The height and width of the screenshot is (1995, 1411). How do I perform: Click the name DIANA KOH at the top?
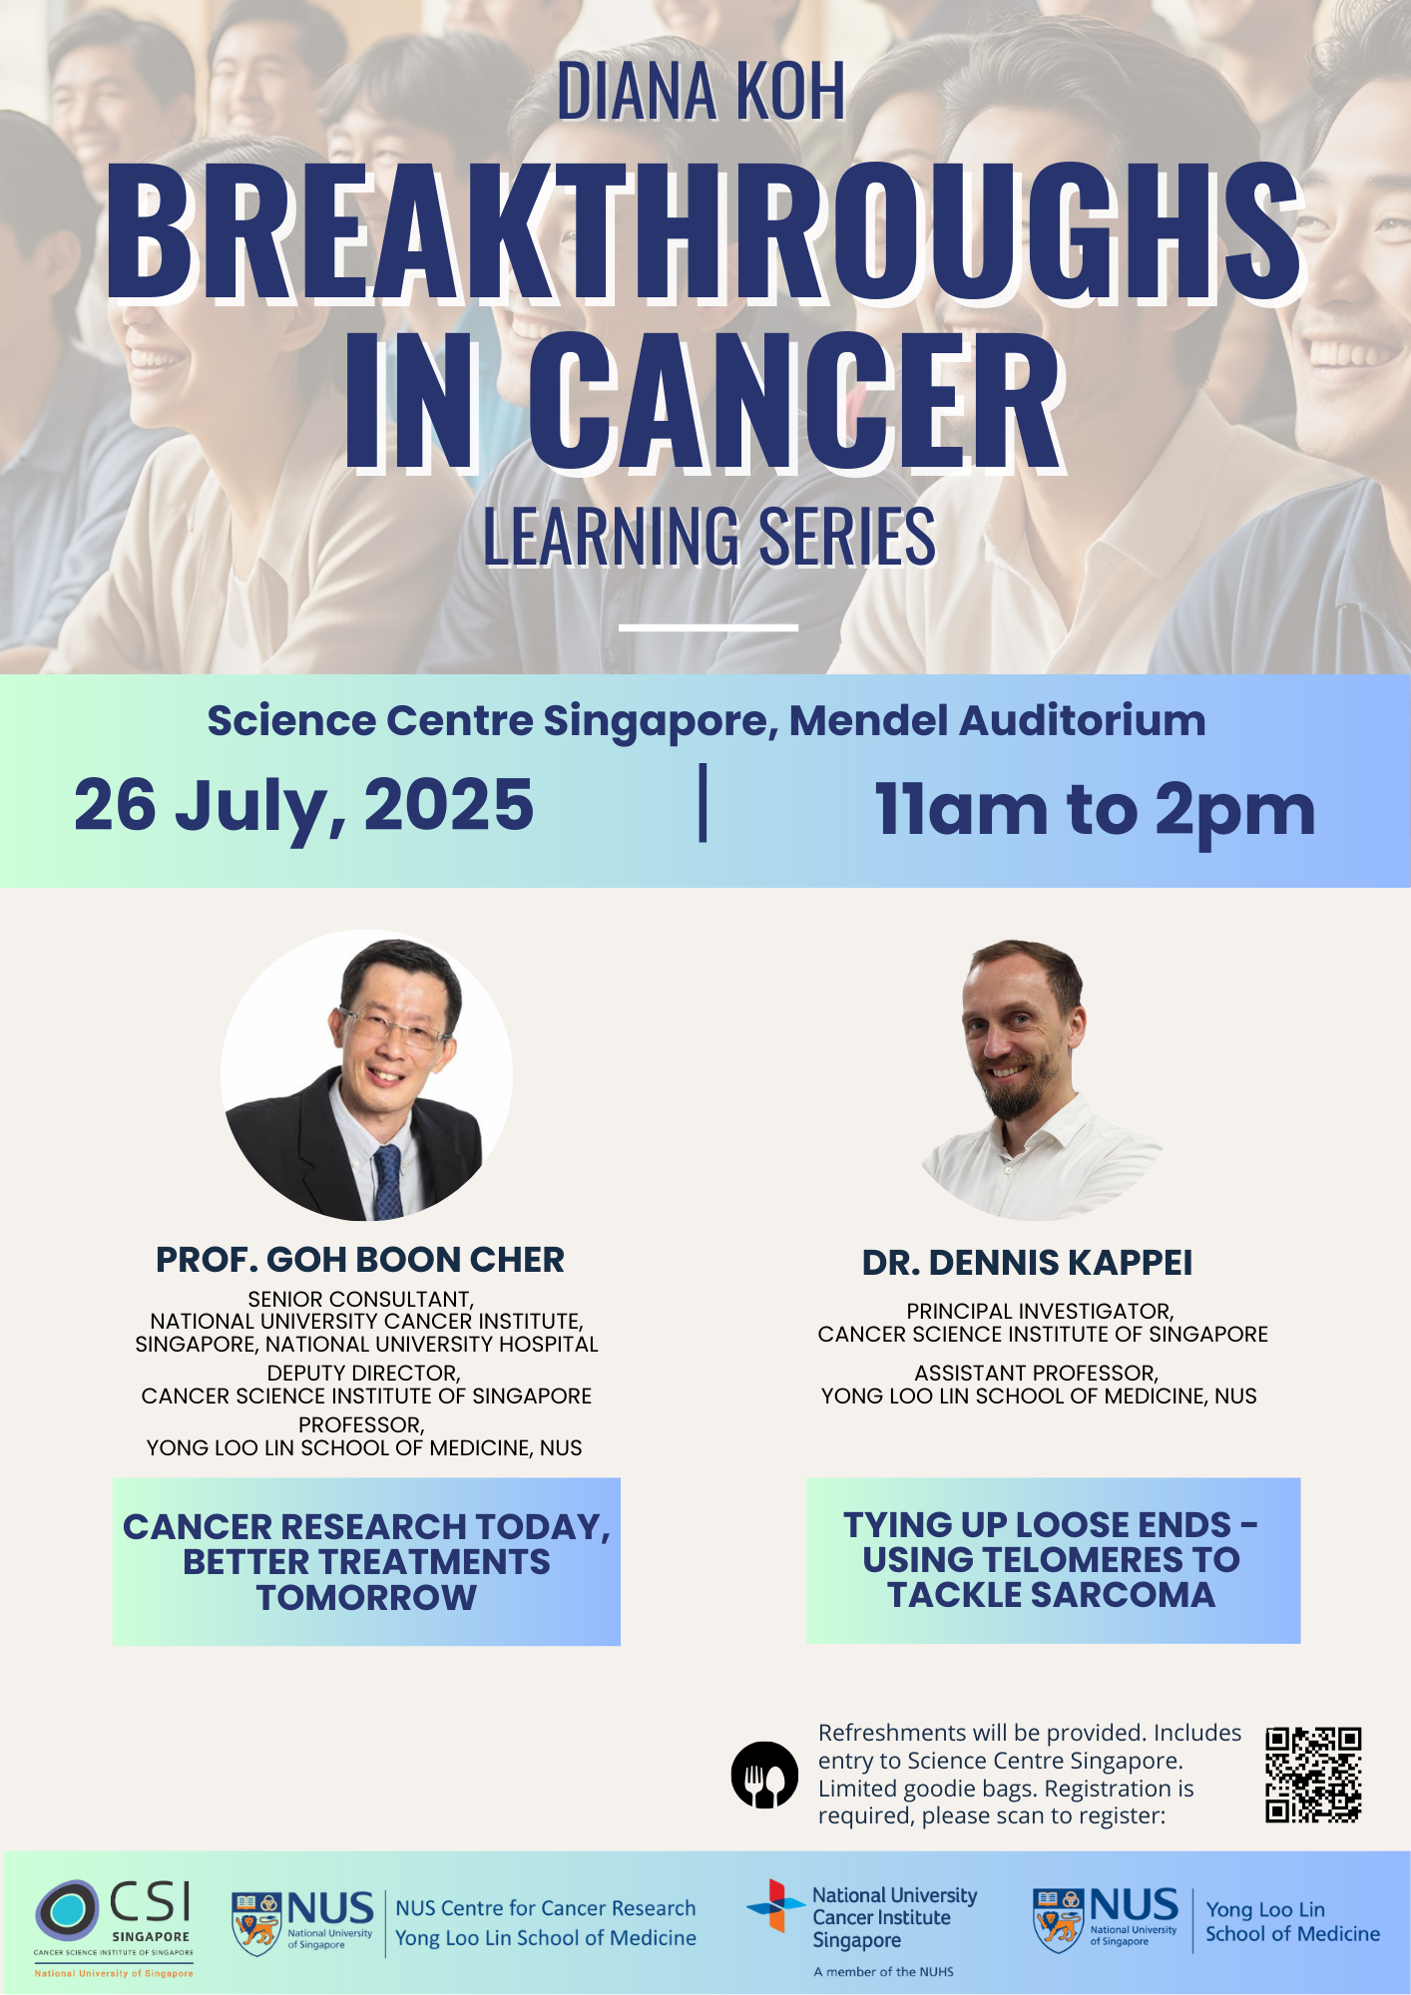[x=701, y=91]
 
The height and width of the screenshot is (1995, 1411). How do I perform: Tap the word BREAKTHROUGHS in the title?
[x=705, y=230]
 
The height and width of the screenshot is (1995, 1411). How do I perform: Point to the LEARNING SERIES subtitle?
[x=709, y=536]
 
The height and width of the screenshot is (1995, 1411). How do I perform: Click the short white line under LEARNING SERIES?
[x=708, y=627]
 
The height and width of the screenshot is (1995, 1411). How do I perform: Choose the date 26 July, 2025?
[x=304, y=806]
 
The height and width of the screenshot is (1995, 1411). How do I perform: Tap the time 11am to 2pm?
[x=1095, y=809]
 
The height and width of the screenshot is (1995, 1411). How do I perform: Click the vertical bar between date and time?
[x=704, y=803]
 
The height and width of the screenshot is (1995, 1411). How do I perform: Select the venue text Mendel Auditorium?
[x=998, y=720]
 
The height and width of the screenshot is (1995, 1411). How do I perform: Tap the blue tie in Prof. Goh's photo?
[x=387, y=1182]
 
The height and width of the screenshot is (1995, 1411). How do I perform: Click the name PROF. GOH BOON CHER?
[x=360, y=1260]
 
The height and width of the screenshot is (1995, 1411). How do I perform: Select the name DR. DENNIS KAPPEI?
[x=1027, y=1263]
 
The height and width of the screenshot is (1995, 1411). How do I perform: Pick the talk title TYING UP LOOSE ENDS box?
[x=1053, y=1560]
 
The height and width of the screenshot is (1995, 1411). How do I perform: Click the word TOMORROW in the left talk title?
[x=366, y=1598]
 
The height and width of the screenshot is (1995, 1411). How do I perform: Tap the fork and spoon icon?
[x=764, y=1776]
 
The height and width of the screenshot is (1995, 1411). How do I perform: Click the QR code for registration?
[x=1313, y=1776]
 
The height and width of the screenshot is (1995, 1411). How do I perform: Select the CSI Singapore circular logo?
[x=68, y=1910]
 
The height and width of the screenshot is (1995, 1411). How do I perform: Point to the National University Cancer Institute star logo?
[x=775, y=1906]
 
